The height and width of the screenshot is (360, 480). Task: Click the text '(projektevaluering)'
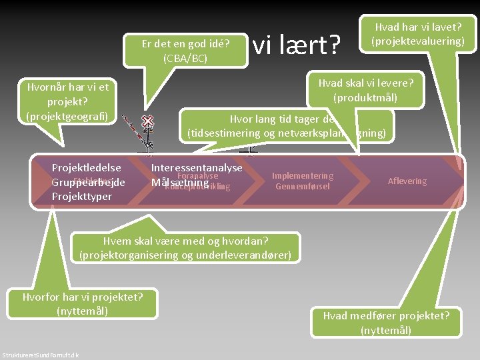click(x=417, y=41)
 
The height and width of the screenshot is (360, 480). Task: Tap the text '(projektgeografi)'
click(x=67, y=115)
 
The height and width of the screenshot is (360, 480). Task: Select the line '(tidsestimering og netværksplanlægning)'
click(x=287, y=133)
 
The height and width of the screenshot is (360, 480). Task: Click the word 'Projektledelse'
click(x=86, y=168)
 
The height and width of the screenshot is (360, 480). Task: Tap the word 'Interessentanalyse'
click(x=197, y=168)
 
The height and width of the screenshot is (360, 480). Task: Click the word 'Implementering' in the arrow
click(x=302, y=176)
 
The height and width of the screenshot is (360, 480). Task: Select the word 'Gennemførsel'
click(x=302, y=187)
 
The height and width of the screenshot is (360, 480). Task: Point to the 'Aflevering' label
click(x=407, y=181)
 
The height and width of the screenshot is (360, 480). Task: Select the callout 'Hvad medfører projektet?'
click(x=386, y=316)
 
